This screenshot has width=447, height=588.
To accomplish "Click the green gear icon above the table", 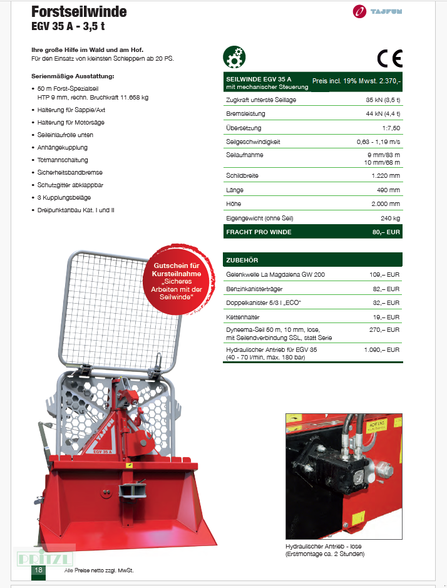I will click(234, 57).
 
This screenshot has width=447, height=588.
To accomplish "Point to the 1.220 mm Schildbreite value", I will click(385, 176).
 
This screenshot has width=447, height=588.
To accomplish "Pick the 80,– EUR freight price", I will click(386, 232).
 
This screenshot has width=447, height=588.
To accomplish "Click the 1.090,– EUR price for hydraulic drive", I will click(381, 349).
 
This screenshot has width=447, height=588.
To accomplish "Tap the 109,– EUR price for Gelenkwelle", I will click(384, 275).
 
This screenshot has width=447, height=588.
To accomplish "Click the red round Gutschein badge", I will click(177, 280).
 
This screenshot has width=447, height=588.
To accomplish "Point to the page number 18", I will click(39, 570).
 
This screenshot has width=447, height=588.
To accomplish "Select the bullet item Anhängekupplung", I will click(63, 148).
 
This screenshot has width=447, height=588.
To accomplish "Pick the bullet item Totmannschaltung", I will click(63, 160).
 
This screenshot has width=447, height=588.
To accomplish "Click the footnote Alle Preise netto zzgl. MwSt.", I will click(100, 570).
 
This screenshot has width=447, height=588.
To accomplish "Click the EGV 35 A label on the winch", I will click(102, 451).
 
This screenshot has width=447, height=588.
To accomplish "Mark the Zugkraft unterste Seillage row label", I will click(260, 100).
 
